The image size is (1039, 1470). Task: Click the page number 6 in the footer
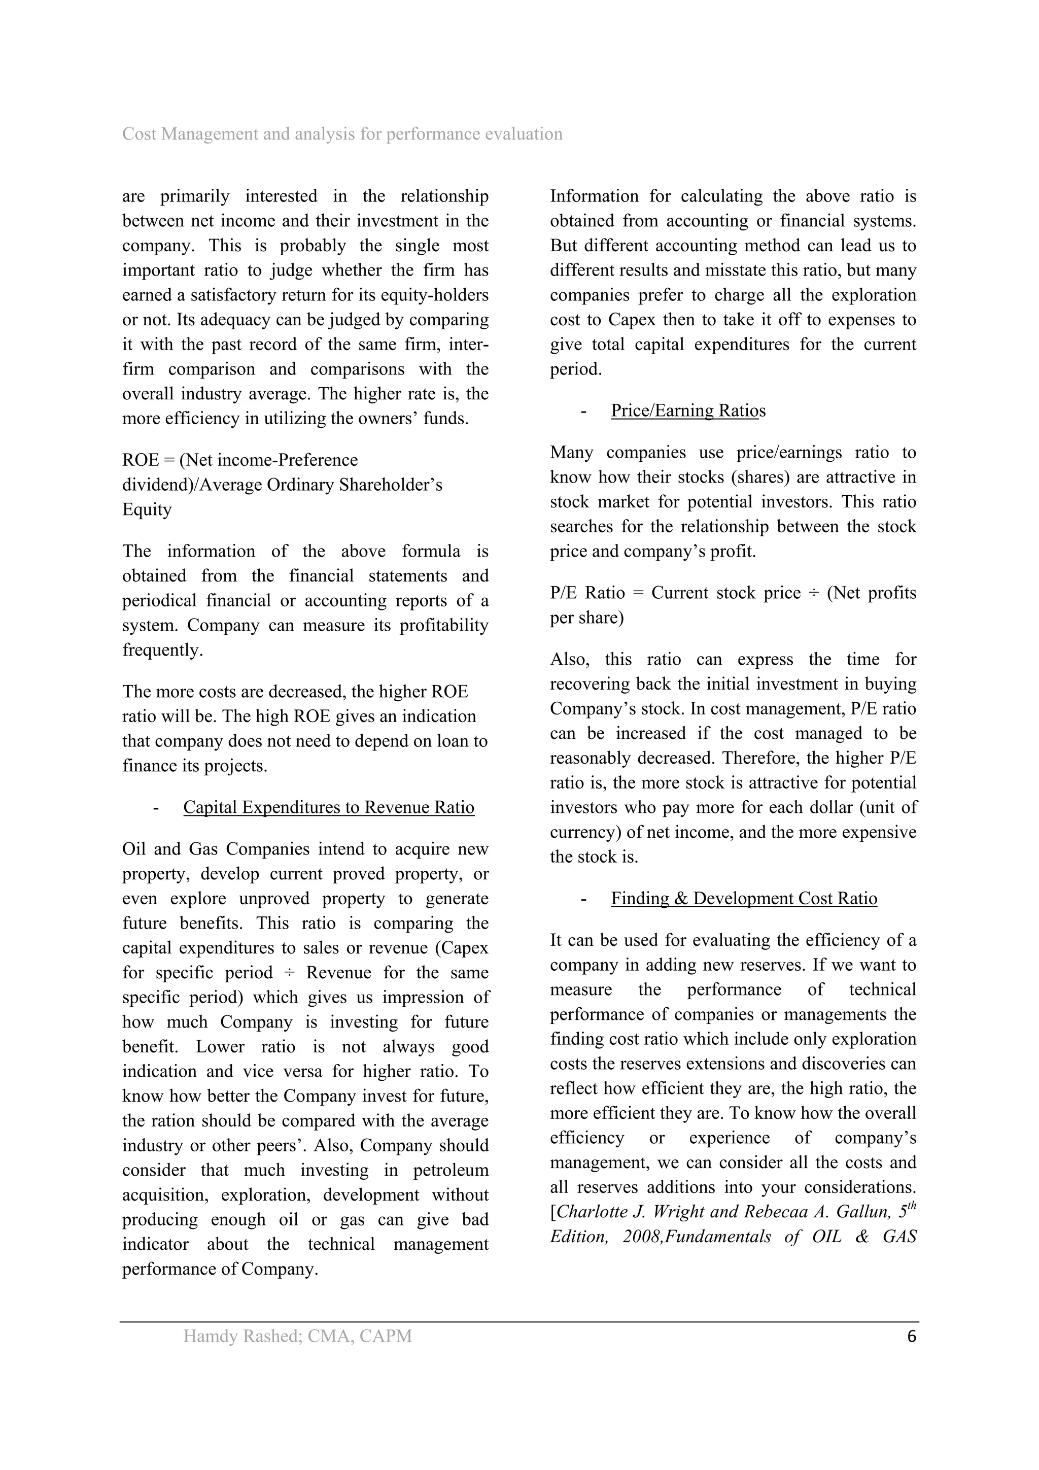[x=912, y=1336]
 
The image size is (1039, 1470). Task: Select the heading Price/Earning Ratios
[x=687, y=411]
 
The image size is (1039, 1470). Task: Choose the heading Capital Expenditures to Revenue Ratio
[x=328, y=807]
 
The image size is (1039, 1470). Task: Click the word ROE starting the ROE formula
[x=140, y=460]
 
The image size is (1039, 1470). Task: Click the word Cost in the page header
[x=139, y=134]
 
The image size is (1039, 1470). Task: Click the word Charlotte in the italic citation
[x=599, y=1212]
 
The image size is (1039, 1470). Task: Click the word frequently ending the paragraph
[x=162, y=650]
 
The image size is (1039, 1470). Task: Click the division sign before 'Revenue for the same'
[x=289, y=973]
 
